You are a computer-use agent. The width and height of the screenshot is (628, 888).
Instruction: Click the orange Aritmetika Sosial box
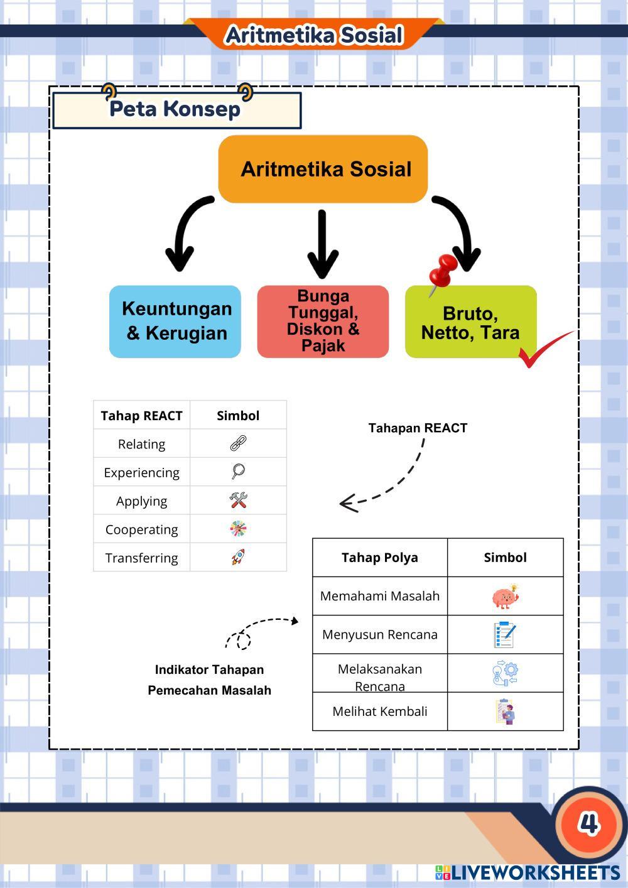323,169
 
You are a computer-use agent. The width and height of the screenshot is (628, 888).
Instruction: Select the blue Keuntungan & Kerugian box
175,322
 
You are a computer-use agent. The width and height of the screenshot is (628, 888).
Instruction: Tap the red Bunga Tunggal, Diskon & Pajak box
323,322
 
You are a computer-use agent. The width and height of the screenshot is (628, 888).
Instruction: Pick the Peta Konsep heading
175,109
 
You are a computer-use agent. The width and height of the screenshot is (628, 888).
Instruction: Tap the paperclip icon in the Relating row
238,444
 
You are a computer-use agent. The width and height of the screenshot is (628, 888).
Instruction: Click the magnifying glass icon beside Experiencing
238,472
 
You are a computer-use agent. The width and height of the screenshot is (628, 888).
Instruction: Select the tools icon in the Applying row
238,501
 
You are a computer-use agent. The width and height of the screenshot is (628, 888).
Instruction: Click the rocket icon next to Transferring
238,557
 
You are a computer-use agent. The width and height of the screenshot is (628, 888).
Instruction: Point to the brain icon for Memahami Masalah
505,597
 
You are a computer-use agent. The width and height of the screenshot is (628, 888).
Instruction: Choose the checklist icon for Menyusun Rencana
505,634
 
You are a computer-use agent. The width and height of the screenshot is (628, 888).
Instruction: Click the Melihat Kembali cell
380,712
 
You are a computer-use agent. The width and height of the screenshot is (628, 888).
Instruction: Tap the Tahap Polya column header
380,558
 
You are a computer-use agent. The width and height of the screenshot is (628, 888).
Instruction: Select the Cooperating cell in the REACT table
142,529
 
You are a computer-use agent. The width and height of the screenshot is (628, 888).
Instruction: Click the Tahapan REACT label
418,428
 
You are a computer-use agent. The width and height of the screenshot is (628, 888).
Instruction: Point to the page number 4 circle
588,823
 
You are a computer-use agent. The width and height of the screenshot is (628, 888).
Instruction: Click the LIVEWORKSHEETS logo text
534,873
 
